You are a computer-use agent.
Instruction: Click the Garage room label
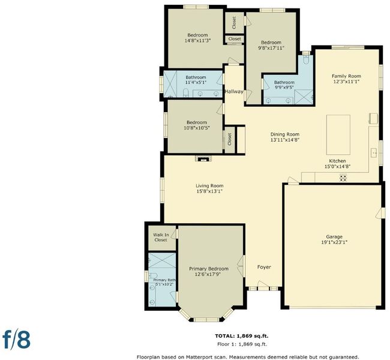pyautogui.click(x=334, y=236)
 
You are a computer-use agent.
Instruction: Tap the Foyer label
pyautogui.click(x=264, y=267)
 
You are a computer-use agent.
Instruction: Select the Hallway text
pyautogui.click(x=234, y=91)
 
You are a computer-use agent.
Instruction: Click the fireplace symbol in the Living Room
pyautogui.click(x=203, y=158)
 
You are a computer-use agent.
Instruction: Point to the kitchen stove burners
pyautogui.click(x=343, y=178)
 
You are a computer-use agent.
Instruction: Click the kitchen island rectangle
pyautogui.click(x=338, y=135)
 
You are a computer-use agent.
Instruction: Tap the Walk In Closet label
pyautogui.click(x=161, y=238)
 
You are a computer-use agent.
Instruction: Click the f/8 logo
pyautogui.click(x=16, y=340)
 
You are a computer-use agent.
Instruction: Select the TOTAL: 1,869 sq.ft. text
pyautogui.click(x=242, y=336)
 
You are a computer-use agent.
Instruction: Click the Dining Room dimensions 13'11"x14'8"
pyautogui.click(x=285, y=140)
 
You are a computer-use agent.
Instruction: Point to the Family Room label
pyautogui.click(x=346, y=76)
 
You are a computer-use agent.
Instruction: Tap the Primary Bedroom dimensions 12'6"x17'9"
pyautogui.click(x=208, y=274)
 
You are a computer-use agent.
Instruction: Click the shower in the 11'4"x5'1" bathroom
pyautogui.click(x=170, y=84)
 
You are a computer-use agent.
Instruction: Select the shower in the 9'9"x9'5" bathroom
pyautogui.click(x=304, y=97)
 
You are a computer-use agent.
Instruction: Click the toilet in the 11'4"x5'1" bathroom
pyautogui.click(x=186, y=93)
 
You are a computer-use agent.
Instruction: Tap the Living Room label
pyautogui.click(x=209, y=185)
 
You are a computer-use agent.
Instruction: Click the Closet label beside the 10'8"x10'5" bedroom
pyautogui.click(x=230, y=139)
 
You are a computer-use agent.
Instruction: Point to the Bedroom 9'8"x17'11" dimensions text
pyautogui.click(x=271, y=48)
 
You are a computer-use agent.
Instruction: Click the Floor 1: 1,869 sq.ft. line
pyautogui.click(x=242, y=344)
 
